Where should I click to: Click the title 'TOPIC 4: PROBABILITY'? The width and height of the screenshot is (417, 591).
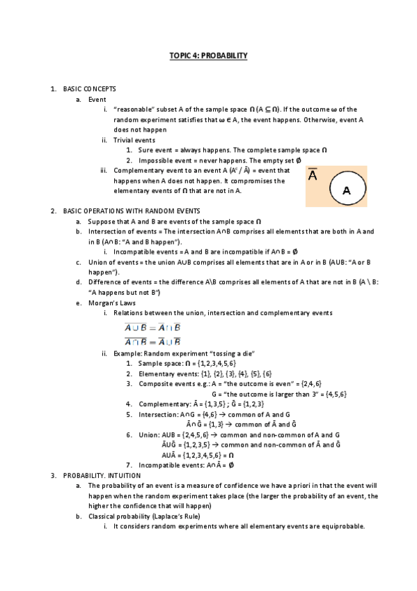pos(208,55)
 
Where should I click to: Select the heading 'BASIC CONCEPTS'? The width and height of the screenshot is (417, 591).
pos(89,89)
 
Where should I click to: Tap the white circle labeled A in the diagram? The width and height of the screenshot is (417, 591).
pos(346,190)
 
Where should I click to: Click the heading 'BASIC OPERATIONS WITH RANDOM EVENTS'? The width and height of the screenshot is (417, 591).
pos(132,210)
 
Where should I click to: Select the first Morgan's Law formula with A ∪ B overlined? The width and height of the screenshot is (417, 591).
pos(152,328)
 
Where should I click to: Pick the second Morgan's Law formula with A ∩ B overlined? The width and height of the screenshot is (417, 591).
pos(152,341)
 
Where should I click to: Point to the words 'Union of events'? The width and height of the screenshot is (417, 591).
pos(113,262)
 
